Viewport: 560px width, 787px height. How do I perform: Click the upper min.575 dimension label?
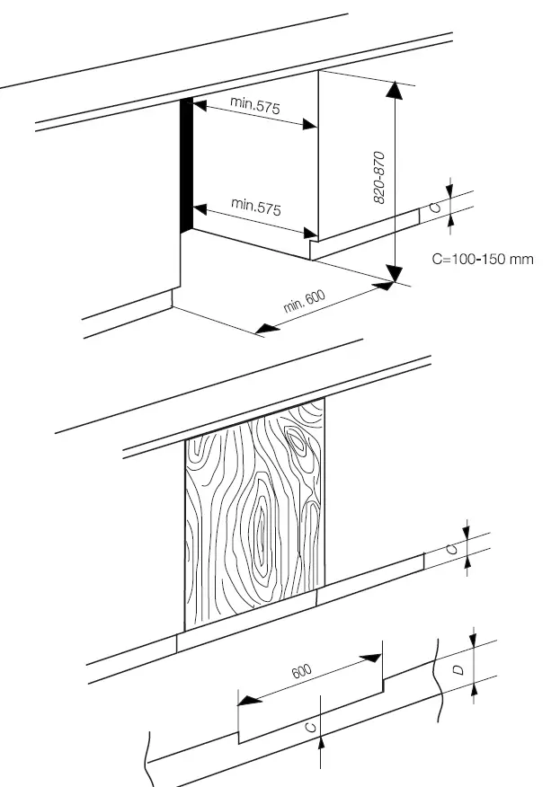[254, 105]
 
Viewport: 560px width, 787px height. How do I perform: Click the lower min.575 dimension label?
[256, 207]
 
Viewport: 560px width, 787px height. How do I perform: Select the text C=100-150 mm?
[482, 260]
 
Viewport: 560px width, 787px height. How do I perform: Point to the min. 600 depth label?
[305, 301]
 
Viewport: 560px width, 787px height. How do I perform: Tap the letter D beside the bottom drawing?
[458, 669]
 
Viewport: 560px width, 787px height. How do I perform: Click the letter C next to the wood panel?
[452, 547]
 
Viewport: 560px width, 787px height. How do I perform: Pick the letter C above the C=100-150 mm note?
[435, 208]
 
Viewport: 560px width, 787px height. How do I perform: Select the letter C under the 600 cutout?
[310, 728]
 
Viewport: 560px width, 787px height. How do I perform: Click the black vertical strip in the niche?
[186, 164]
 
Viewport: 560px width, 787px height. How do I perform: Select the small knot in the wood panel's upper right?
[298, 441]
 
